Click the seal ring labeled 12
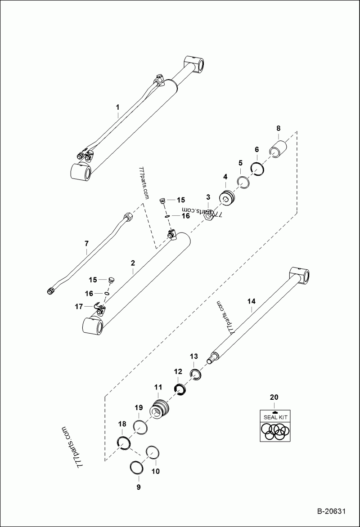point(180,388)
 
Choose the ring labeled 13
point(196,374)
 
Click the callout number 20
point(274,397)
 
